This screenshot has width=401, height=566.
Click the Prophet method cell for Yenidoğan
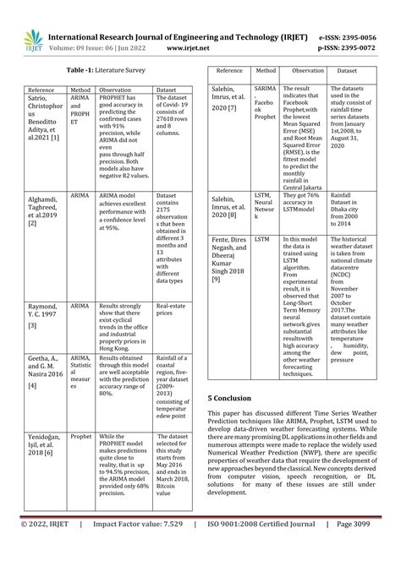80,437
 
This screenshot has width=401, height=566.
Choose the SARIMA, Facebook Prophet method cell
264,112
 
